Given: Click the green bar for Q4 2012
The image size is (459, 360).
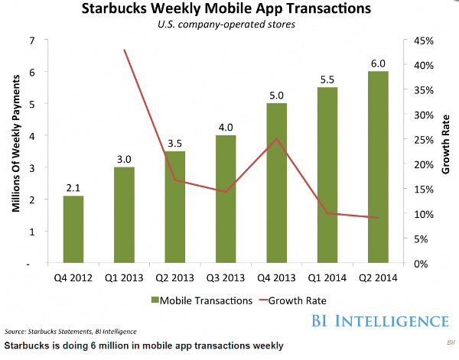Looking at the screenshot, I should pyautogui.click(x=73, y=229).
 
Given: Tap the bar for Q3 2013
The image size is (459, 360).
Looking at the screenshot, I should pyautogui.click(x=226, y=199).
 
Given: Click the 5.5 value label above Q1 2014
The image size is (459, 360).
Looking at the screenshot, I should pyautogui.click(x=327, y=79).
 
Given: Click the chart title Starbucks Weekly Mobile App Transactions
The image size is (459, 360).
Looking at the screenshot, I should pyautogui.click(x=229, y=11).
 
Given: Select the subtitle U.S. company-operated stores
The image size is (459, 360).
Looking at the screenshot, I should pyautogui.click(x=229, y=27).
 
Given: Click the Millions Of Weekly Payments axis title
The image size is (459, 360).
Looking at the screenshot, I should pyautogui.click(x=13, y=151).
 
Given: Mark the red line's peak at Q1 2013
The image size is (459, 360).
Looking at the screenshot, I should pyautogui.click(x=124, y=50).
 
